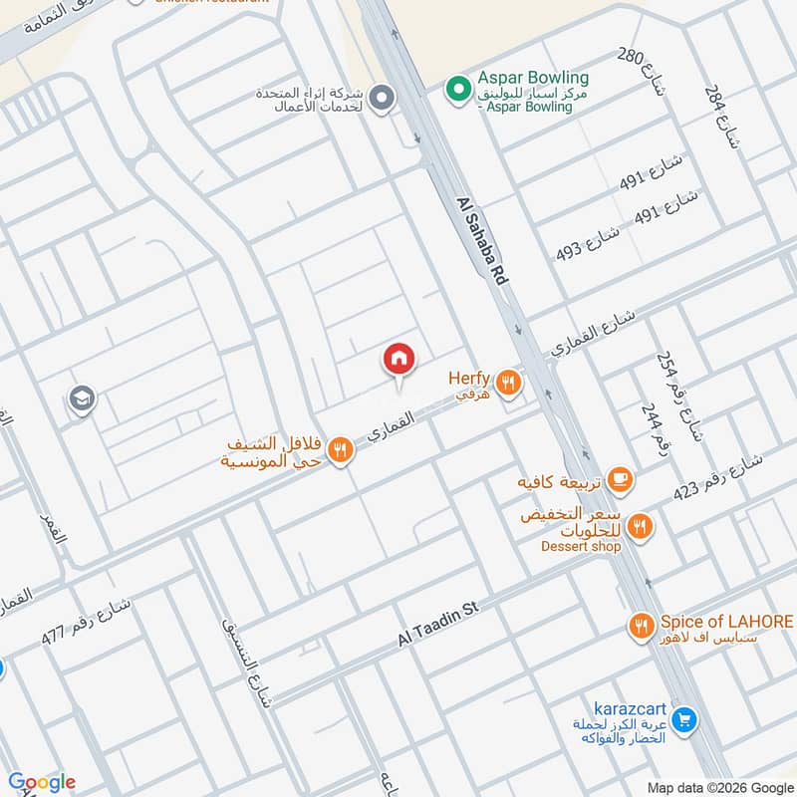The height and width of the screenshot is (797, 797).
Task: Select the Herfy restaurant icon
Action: (509, 381)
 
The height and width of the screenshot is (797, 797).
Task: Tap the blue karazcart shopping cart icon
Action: (683, 717)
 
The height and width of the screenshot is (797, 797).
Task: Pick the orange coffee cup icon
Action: (619, 480)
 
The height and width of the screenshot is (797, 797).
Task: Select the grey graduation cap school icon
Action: (82, 400)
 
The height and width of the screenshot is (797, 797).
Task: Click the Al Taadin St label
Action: (439, 623)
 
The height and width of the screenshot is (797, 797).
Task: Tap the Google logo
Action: (41, 782)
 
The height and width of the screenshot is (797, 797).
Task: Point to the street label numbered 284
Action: (721, 115)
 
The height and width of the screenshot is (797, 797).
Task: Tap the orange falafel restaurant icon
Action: (340, 450)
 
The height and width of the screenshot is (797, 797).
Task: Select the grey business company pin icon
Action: (381, 98)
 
